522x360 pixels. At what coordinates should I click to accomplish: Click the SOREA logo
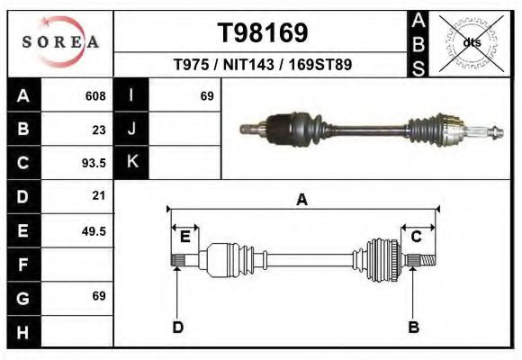pos(60,42)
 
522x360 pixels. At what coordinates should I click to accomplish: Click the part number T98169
pos(263,33)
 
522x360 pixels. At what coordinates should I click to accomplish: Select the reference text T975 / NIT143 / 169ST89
pos(262,65)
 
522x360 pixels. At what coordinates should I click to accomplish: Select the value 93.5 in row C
pos(94,164)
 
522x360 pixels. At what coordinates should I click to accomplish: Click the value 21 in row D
pos(99,195)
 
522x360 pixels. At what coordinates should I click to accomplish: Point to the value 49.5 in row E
pos(94,230)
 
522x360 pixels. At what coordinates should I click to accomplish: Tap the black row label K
pos(131,163)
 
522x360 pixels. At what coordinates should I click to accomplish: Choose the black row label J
pos(131,130)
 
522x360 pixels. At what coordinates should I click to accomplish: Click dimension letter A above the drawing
pos(302,200)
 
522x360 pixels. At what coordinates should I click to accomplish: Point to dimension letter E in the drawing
pos(184,237)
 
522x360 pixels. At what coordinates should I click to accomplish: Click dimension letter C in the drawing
pos(417,237)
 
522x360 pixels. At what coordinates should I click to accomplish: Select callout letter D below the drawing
pos(178,327)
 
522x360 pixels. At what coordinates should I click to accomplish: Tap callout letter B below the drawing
pos(414,327)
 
